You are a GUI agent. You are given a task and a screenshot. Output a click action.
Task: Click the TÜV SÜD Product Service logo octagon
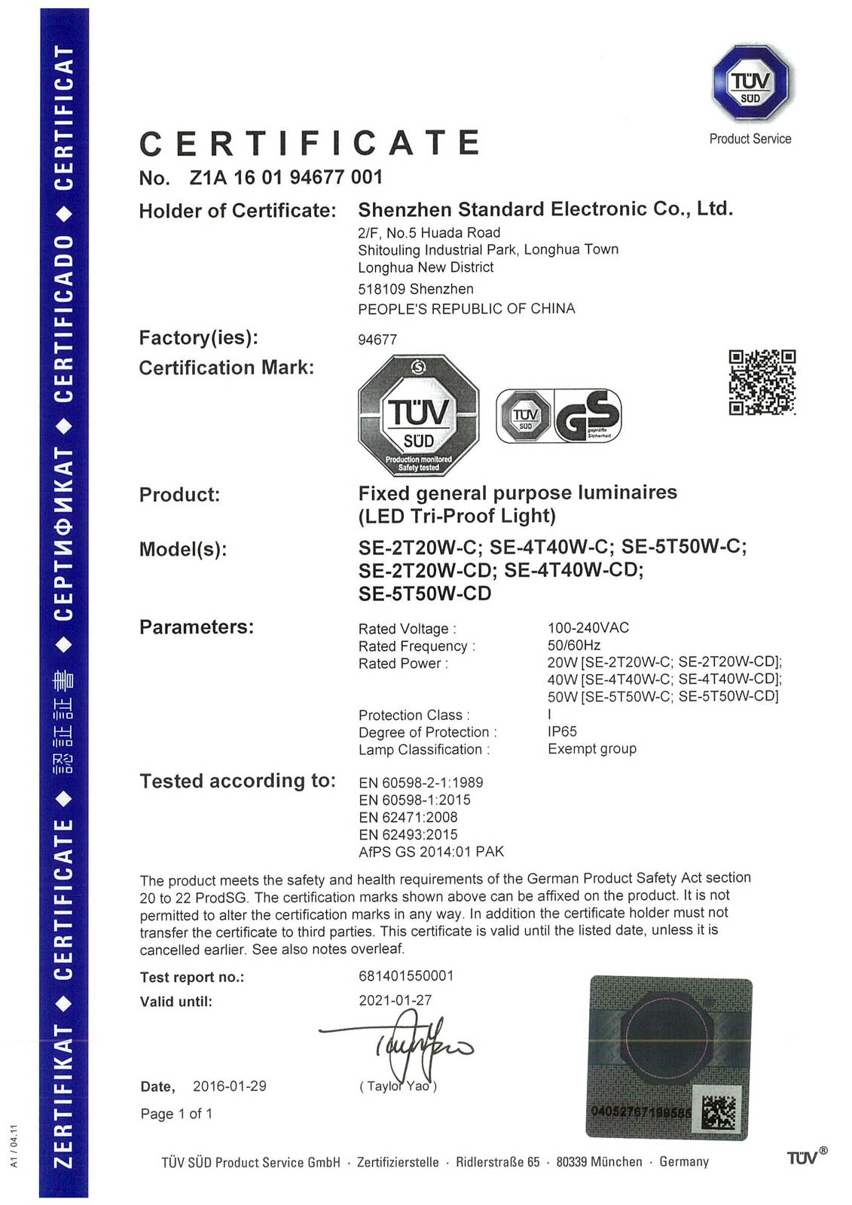pos(750,83)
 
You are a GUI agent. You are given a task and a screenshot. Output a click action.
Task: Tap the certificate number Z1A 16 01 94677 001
pos(286,178)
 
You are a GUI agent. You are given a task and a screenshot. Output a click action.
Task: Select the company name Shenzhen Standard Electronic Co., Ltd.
pos(545,209)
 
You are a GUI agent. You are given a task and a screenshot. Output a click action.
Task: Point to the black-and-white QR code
pos(762,382)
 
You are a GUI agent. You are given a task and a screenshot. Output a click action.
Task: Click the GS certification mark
pos(588,415)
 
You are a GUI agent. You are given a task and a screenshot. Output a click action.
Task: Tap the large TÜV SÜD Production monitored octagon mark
pos(418,415)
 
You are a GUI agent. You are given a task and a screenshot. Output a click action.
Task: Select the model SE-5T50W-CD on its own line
pos(425,593)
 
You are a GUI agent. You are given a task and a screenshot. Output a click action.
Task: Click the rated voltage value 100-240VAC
pos(588,627)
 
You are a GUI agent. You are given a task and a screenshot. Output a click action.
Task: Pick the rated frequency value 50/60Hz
pos(573,645)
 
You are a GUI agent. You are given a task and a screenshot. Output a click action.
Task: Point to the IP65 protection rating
pos(562,731)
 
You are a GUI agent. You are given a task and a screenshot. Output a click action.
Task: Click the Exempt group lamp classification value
pos(591,749)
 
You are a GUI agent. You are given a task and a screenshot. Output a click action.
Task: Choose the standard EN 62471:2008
pos(408,817)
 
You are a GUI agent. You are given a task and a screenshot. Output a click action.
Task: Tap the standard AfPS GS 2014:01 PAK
pos(431,852)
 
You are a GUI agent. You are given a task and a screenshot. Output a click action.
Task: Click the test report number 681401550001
pos(406,976)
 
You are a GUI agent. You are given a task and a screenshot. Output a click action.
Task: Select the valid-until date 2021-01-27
pos(395,1000)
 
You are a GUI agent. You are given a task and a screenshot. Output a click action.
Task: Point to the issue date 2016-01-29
pos(229,1086)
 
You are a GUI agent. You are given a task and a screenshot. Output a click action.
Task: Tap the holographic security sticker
pos(668,1057)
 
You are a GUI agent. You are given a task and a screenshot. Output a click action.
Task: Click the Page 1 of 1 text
pos(176,1113)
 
